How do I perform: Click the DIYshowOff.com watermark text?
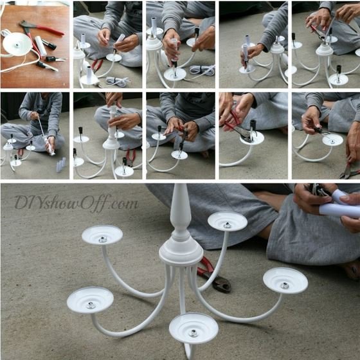click(76, 203)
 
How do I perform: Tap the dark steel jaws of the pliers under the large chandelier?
click(221, 283)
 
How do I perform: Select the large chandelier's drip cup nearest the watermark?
click(102, 235)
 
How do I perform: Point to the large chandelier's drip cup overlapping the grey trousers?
click(228, 221)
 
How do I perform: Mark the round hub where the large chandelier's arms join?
click(181, 252)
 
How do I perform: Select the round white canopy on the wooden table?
click(17, 44)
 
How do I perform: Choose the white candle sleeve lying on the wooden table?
click(40, 46)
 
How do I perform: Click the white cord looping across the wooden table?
click(21, 60)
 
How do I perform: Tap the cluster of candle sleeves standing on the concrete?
click(61, 165)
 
